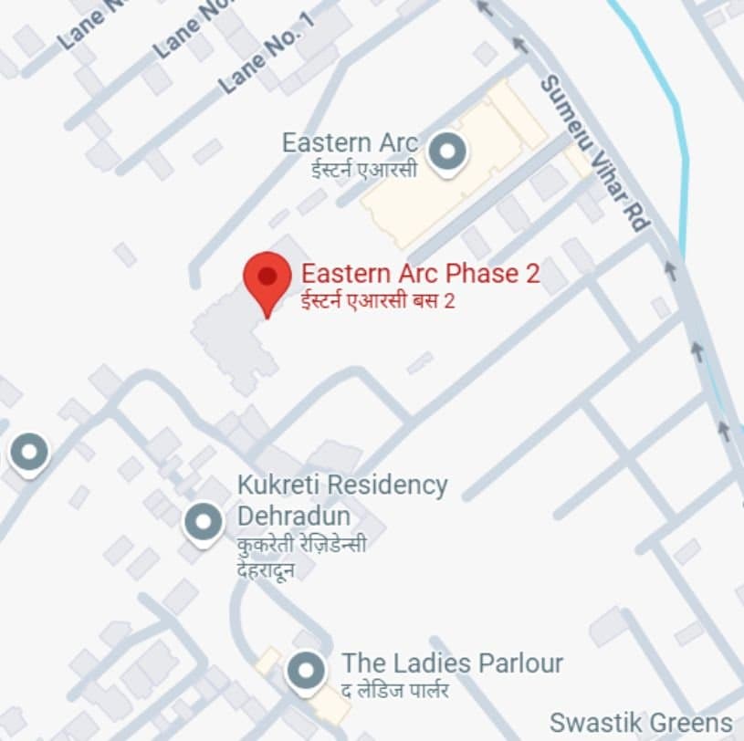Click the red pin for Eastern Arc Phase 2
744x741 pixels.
point(267,277)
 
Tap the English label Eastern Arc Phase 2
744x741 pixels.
point(421,273)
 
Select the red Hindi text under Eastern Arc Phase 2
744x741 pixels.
point(378,300)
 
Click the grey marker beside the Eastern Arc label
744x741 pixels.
point(447,151)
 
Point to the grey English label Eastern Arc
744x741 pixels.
point(350,143)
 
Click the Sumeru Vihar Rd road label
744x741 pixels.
point(593,151)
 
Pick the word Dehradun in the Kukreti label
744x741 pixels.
point(293,517)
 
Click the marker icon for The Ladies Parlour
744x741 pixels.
point(305,672)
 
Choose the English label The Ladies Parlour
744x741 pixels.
point(452,663)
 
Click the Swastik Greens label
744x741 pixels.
point(641,722)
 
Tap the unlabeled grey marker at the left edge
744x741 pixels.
point(28,451)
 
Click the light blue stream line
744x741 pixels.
point(681,137)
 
